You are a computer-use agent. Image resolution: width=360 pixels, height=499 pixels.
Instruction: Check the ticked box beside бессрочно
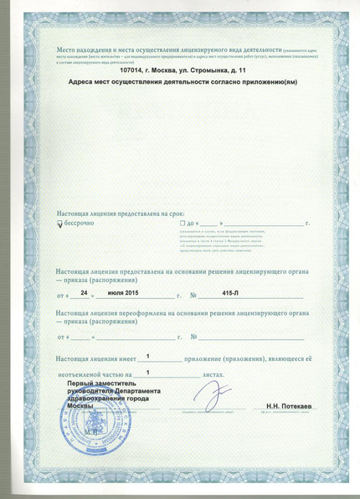pos(59,224)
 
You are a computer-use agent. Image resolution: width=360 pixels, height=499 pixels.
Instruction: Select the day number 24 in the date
pos(84,295)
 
